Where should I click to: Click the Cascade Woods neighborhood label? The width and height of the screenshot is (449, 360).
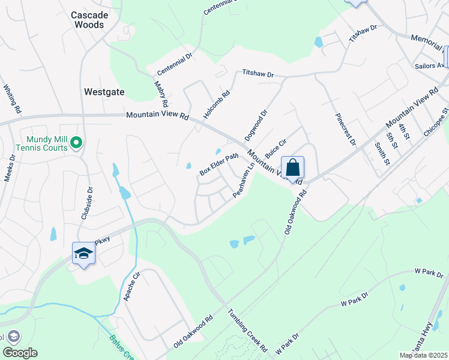coord(87,20)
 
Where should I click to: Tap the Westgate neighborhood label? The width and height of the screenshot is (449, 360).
coord(104,92)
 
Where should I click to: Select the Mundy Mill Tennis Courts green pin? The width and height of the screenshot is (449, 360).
coord(76,143)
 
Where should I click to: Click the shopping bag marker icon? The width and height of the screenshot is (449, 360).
coord(292,167)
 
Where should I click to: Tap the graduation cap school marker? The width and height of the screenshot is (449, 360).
coord(84,253)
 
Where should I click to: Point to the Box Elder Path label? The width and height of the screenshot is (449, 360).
coord(219,164)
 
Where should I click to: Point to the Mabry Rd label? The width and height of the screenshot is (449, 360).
coord(161,95)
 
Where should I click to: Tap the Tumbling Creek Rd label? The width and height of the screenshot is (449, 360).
coord(247,330)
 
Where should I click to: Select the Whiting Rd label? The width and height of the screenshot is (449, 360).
coord(12,99)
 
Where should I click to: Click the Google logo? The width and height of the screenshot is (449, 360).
coord(20,353)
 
